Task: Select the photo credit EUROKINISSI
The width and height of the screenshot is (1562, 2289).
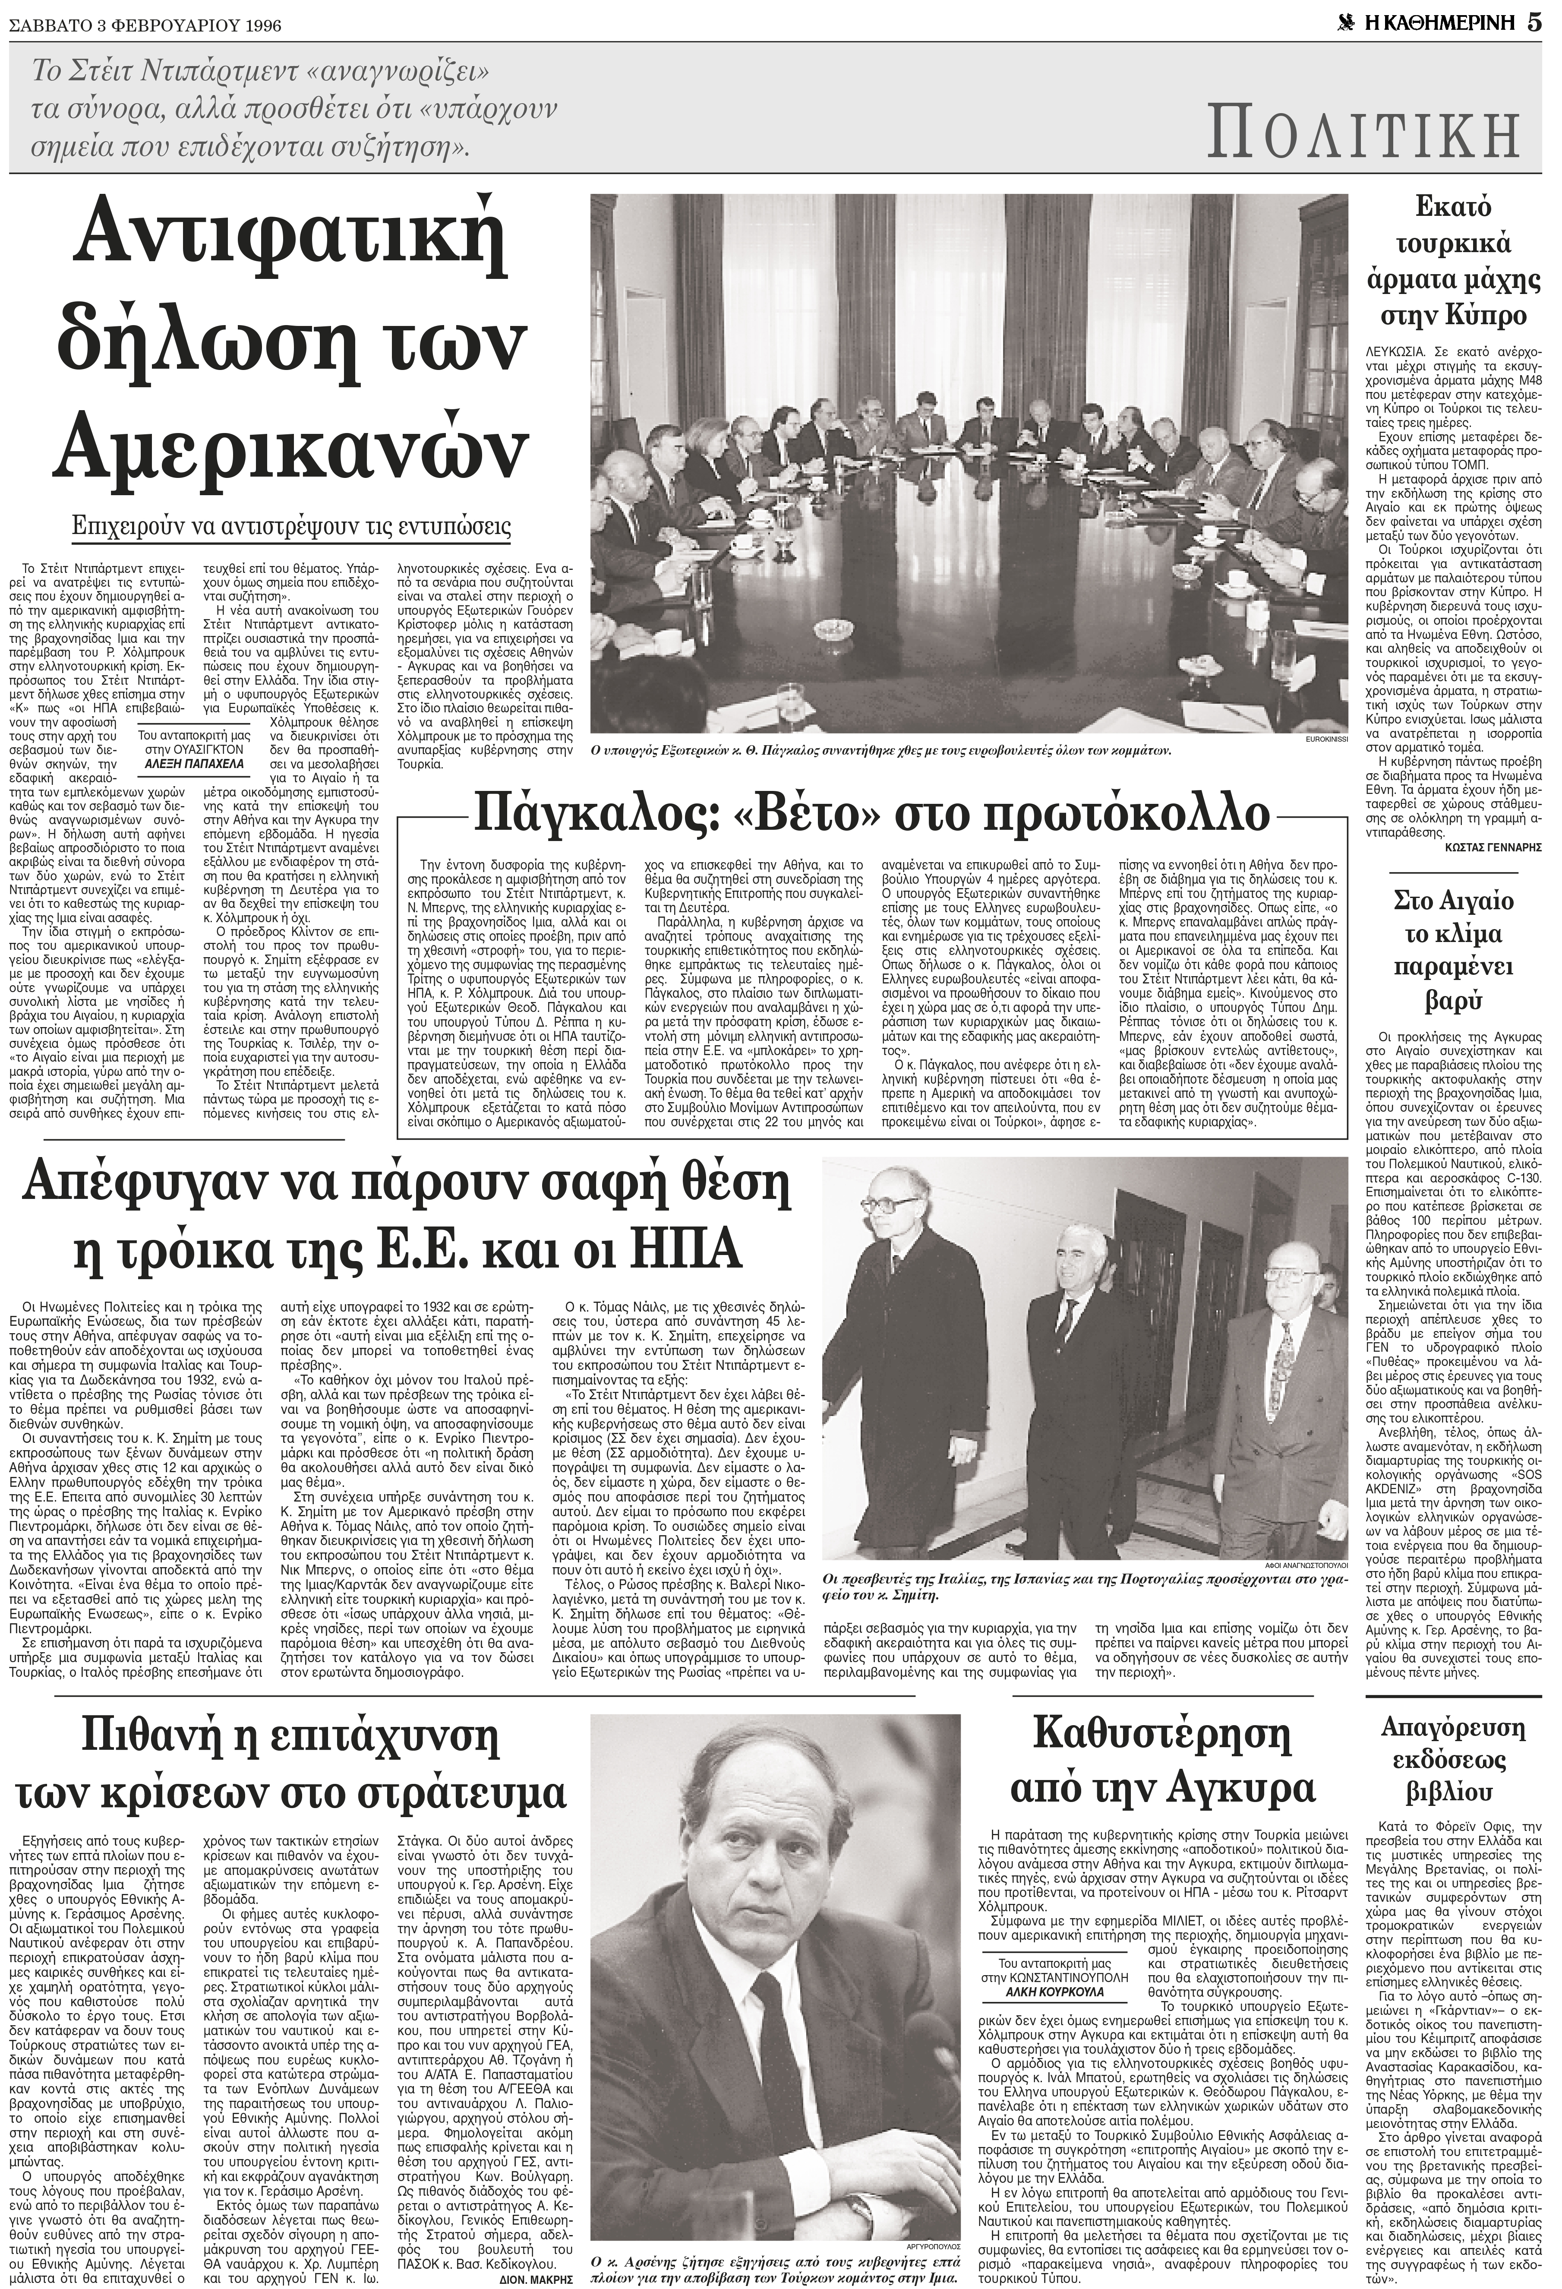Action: (x=1323, y=738)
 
